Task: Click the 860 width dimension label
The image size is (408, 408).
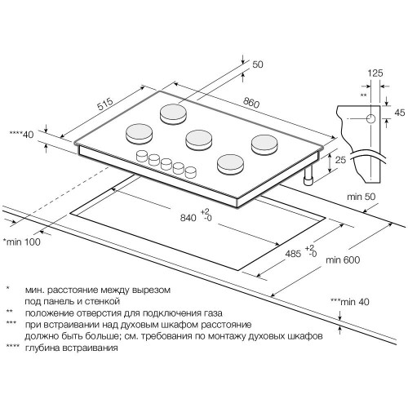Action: click(251, 103)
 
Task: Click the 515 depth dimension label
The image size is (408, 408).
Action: click(105, 104)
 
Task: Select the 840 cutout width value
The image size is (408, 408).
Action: click(188, 218)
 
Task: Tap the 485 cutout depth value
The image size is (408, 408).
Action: click(293, 254)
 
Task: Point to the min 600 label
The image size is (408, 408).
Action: click(343, 260)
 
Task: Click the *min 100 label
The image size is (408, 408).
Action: click(21, 242)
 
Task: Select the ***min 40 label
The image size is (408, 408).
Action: click(350, 302)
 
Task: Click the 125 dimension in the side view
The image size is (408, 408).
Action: click(375, 73)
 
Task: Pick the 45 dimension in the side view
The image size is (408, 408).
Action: click(400, 113)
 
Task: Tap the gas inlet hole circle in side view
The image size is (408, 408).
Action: click(370, 119)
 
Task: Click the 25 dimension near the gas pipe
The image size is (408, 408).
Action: click(340, 160)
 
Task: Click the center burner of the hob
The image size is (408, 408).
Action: click(198, 140)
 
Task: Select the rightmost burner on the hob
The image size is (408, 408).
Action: click(264, 144)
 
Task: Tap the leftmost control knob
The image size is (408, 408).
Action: click(141, 157)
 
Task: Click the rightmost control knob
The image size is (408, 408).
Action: click(190, 172)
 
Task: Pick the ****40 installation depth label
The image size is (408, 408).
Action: click(21, 135)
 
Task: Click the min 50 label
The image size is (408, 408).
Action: click(361, 197)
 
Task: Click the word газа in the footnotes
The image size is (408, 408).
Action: click(213, 313)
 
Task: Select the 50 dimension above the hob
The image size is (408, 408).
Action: click(258, 64)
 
